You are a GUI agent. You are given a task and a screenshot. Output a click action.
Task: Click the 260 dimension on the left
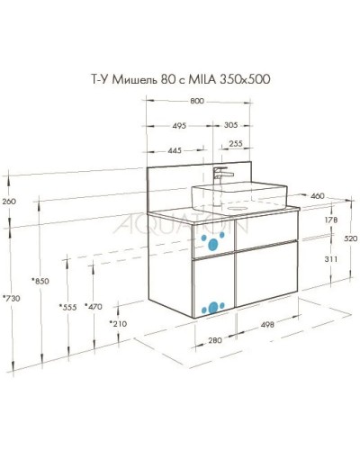pyautogui.click(x=10, y=201)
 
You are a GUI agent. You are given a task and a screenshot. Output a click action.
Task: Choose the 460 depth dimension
pyautogui.click(x=318, y=195)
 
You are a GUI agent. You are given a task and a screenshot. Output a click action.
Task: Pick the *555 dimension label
pyautogui.click(x=67, y=308)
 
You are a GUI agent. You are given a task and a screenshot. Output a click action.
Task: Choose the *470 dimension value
pyautogui.click(x=92, y=308)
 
